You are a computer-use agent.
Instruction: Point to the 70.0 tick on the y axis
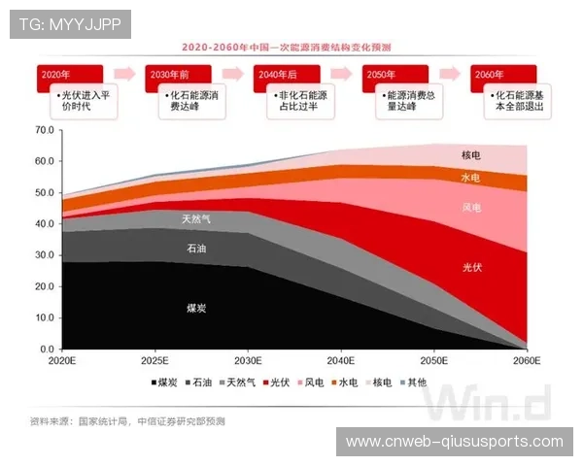point(44,129)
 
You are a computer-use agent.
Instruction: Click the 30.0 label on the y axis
point(44,254)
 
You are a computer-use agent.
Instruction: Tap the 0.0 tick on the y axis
point(47,349)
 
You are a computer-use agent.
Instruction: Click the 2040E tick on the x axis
point(341,360)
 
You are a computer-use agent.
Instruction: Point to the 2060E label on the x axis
point(528,360)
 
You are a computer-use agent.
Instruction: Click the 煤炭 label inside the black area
point(196,308)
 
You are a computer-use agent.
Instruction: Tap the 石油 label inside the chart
point(196,250)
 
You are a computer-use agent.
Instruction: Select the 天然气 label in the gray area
point(196,219)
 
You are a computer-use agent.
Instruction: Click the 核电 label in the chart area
point(471,155)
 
